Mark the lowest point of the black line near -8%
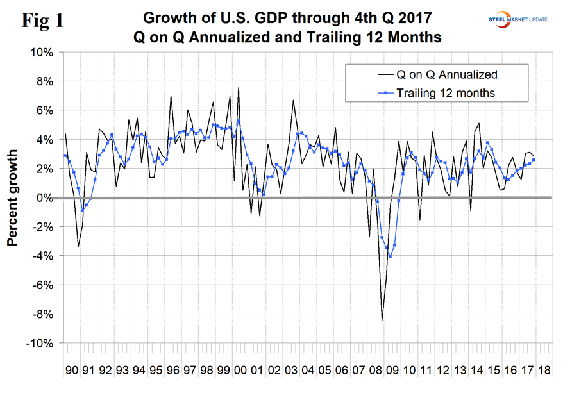tap(382, 320)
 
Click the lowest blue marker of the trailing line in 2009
tap(390, 256)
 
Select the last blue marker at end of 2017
tap(534, 160)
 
